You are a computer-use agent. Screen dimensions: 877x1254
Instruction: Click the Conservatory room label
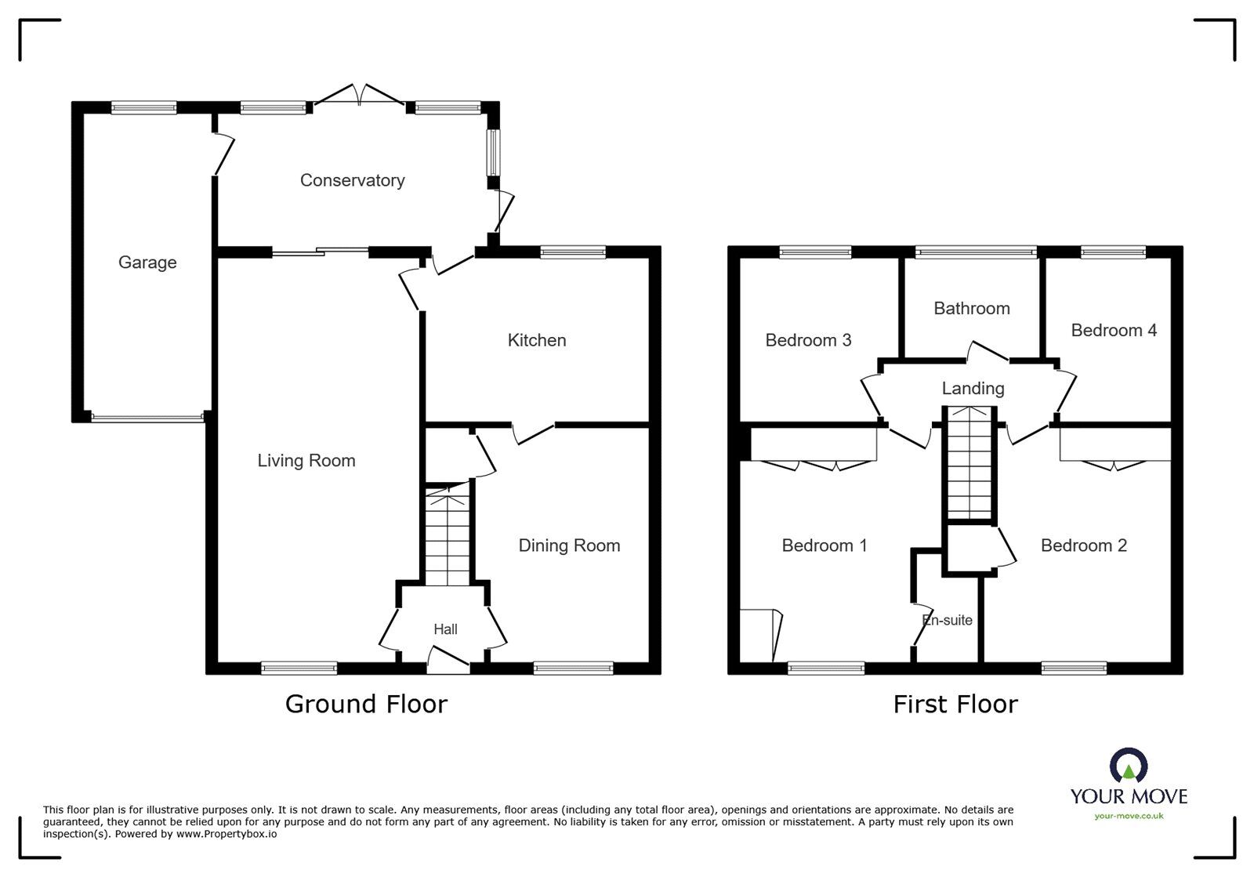[352, 180]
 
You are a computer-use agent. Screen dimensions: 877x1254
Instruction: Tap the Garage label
[147, 263]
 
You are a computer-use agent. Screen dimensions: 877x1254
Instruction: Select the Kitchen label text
[537, 340]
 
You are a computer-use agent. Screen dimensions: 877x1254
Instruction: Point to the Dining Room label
[569, 545]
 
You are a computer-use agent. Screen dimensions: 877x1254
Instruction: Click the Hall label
[445, 629]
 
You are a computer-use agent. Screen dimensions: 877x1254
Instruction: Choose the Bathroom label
[971, 308]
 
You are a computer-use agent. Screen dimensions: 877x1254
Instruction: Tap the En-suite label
[947, 620]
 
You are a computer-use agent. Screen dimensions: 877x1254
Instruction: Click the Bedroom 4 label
[1113, 330]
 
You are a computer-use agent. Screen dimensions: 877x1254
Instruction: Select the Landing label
[973, 388]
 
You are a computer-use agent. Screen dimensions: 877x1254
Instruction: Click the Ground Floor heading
[366, 704]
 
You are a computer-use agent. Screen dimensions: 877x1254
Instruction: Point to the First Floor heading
[955, 704]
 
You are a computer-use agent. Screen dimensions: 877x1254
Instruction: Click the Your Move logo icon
[1128, 766]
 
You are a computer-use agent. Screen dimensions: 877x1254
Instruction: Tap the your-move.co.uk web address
[1129, 816]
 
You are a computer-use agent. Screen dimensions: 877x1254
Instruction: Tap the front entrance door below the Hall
[448, 662]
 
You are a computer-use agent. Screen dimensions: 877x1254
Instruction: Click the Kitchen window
[573, 252]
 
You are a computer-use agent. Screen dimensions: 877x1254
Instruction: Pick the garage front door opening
[147, 418]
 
